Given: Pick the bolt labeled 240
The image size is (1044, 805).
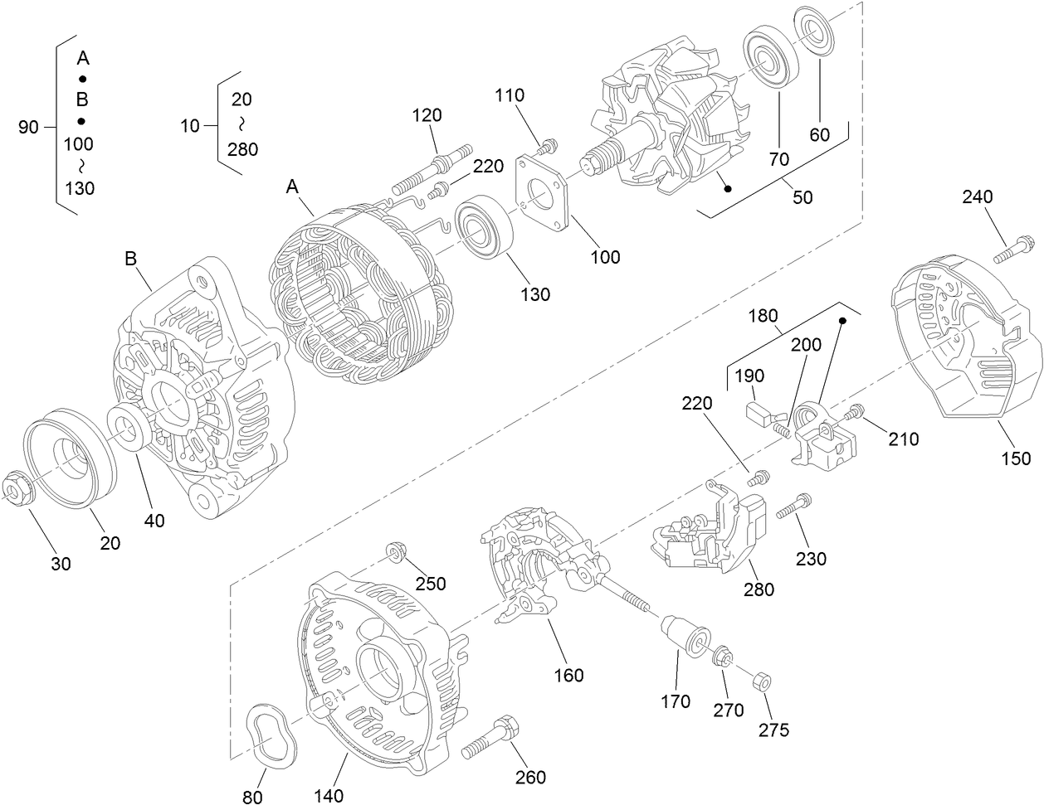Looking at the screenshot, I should point(1013,248).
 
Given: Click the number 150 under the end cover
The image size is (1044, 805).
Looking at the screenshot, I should point(1016,458).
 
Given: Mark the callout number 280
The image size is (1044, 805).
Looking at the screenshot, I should point(758,589).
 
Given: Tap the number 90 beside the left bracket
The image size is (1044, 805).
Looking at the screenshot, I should point(29,127).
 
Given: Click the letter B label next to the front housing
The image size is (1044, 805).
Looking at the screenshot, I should point(130,259).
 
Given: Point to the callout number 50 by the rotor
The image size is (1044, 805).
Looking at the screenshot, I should point(803,197).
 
